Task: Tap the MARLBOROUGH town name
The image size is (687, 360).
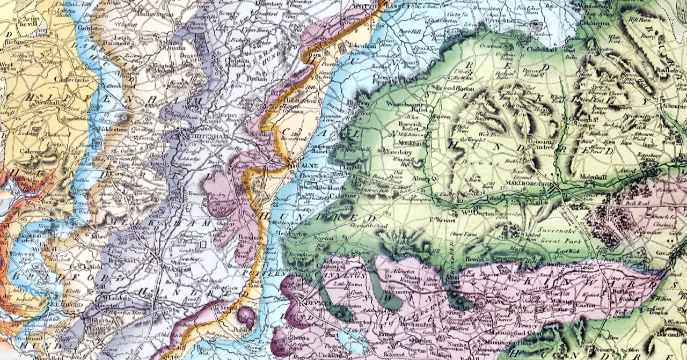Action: coord(527,183)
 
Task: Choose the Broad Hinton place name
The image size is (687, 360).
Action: coord(440,87)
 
